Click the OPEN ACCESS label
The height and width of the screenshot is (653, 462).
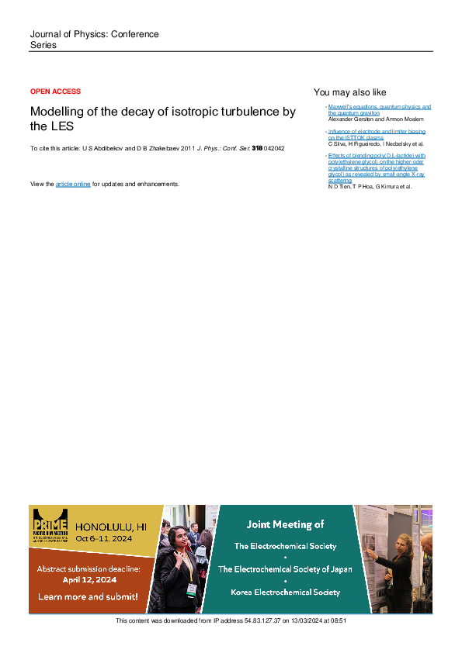[55, 92]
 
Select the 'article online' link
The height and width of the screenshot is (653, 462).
[73, 184]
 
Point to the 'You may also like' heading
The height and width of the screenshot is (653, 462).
[349, 92]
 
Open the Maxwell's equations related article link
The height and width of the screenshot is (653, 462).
[379, 109]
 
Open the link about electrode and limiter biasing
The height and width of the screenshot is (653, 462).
[377, 135]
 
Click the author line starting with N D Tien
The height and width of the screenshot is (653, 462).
[370, 187]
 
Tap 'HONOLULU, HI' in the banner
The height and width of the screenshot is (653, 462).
[111, 526]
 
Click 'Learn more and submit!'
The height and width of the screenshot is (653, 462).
[88, 596]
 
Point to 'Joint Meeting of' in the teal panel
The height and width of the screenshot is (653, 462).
[285, 524]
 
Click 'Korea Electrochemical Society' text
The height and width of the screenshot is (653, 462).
[285, 592]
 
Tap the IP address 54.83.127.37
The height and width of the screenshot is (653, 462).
[257, 620]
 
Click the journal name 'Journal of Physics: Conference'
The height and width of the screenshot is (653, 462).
[94, 35]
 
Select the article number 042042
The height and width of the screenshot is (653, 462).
[274, 147]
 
